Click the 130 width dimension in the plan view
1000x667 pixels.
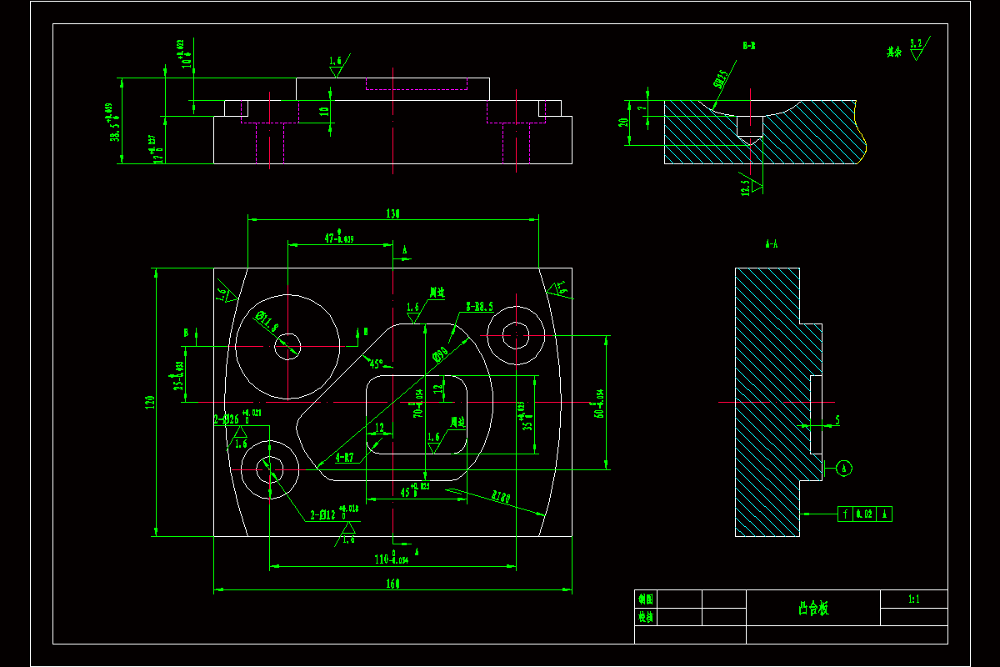(x=392, y=214)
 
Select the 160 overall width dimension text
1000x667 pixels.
(x=392, y=584)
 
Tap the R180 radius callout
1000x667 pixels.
(x=501, y=498)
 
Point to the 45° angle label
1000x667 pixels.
(x=376, y=364)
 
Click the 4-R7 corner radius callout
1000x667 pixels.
(x=344, y=458)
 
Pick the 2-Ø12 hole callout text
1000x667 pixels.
(x=324, y=515)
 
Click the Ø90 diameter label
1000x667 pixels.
(x=440, y=355)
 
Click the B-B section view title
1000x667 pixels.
(x=749, y=46)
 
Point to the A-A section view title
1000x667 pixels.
(x=772, y=245)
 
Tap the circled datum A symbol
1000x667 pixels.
(x=844, y=469)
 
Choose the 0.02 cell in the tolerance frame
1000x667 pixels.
(x=863, y=514)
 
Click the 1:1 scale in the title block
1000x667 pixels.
(x=913, y=599)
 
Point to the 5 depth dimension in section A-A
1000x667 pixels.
(x=837, y=421)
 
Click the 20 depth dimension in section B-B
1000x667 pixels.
(x=624, y=123)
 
